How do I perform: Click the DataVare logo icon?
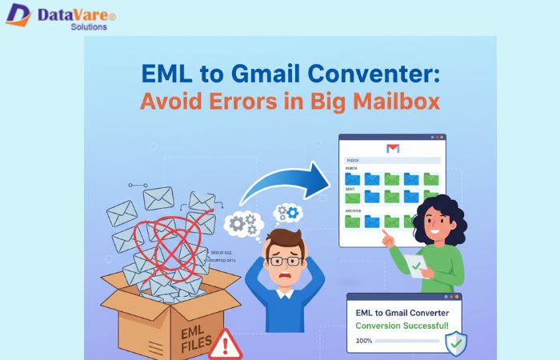pyautogui.click(x=18, y=15)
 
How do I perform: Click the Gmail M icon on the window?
pyautogui.click(x=392, y=148)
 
